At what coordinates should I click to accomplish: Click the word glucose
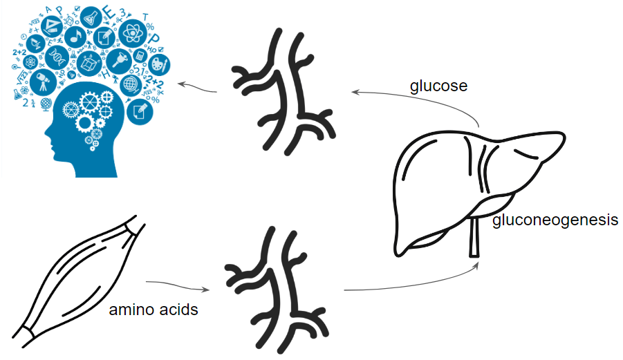coord(438,86)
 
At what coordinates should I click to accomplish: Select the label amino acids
coord(154,310)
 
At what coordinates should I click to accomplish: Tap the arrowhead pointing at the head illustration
coord(181,84)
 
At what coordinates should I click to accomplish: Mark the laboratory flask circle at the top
coord(92,15)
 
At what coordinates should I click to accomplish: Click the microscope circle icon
coord(124,58)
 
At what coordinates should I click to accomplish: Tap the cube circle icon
coord(89,62)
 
